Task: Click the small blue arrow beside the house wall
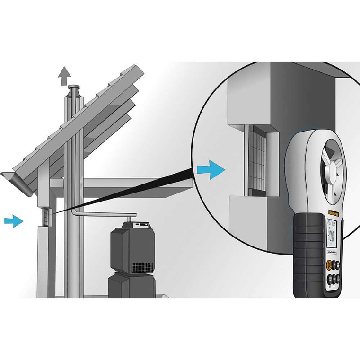14,220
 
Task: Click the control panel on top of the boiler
140,225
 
